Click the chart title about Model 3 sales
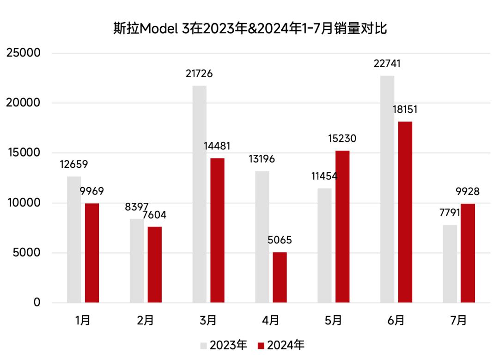(x=250, y=29)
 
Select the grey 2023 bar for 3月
(x=200, y=194)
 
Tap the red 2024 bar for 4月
(x=280, y=277)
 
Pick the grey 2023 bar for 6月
(x=387, y=189)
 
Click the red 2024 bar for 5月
(x=342, y=226)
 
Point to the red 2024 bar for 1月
(x=92, y=253)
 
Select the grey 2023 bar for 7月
(x=450, y=263)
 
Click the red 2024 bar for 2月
(x=155, y=264)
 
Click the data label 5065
(x=280, y=240)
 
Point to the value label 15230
(x=342, y=139)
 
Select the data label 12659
(x=74, y=165)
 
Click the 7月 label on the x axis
(x=458, y=320)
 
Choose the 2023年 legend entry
(x=224, y=345)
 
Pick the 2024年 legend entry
(x=281, y=345)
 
